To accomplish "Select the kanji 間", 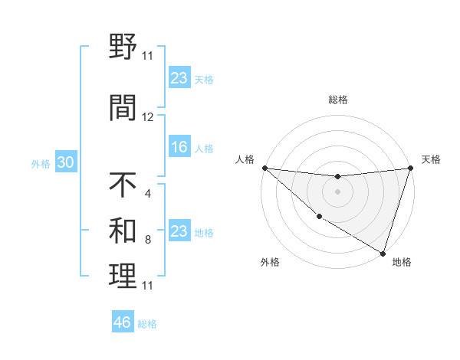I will coord(123,108).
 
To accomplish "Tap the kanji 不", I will coord(123,185).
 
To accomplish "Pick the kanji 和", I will coord(123,231).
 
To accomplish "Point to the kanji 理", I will coord(123,277).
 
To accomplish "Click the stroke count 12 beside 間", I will coord(148,117).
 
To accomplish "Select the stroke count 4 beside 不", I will coord(147,193).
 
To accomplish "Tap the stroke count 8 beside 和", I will coord(147,240).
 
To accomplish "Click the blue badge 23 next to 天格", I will coord(179,78).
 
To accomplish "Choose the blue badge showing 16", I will coord(179,147).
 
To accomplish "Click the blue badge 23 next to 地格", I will coord(179,231).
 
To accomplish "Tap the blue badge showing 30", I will coord(65,162).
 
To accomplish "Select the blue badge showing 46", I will coord(123,322).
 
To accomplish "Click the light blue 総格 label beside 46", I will coord(147,324).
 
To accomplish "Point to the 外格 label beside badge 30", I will coord(41,163).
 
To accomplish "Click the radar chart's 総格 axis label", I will coord(337,100).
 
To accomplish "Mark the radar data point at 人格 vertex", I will coord(264,167).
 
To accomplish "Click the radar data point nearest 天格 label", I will coord(410,168).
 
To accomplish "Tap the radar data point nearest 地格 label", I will coord(383,253).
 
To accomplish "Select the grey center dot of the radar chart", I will coord(337,191).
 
